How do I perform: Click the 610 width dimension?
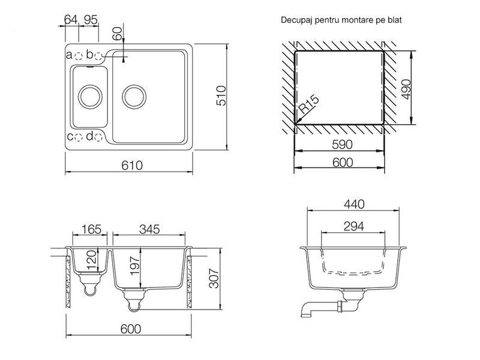pos(132,166)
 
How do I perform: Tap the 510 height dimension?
pos(221,96)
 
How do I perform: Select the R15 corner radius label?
pos(308,104)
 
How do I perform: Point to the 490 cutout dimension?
pos(406,89)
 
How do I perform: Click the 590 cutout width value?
pos(342,145)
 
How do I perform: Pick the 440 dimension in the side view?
pos(354,204)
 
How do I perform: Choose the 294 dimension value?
pos(353,226)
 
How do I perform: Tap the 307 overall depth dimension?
pos(214,278)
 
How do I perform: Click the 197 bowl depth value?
pos(134,266)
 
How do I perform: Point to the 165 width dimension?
pos(91,229)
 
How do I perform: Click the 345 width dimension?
pos(149,229)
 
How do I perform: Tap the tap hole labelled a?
pos(79,56)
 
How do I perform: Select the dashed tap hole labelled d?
pos(98,137)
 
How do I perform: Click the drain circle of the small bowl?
pos(90,97)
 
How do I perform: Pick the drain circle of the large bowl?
pos(134,97)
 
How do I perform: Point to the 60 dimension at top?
pos(117,34)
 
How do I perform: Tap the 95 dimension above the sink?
pos(91,20)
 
